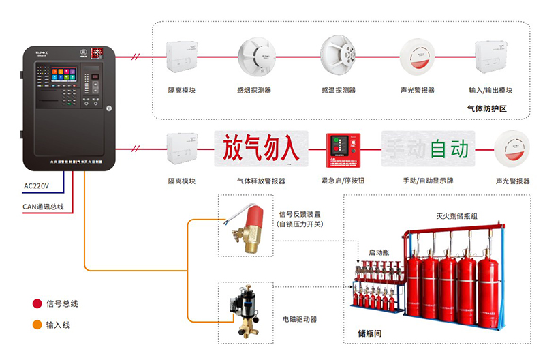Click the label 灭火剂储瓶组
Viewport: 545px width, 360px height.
tap(456, 216)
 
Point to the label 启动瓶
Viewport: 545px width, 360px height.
tap(379, 252)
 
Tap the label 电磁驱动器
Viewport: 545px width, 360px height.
tap(299, 318)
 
